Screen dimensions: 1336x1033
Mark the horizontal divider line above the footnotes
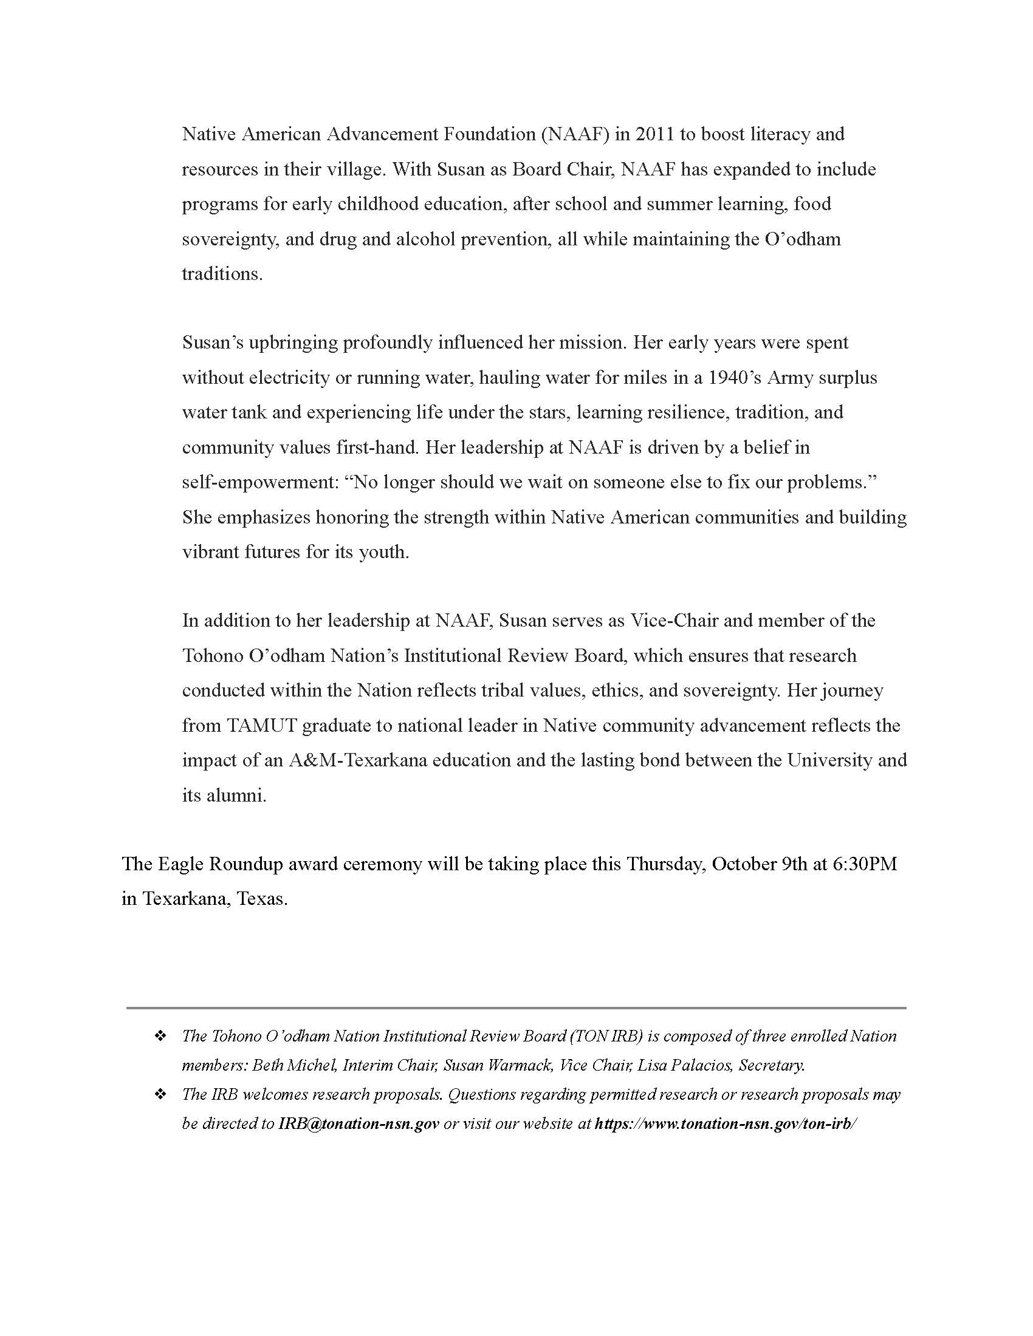coord(516,1007)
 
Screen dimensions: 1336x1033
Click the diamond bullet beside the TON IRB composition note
coord(160,1036)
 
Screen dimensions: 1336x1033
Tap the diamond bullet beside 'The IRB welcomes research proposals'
coord(160,1094)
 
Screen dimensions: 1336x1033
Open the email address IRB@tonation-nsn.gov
coord(359,1123)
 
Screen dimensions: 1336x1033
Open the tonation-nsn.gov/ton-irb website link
coord(726,1123)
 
